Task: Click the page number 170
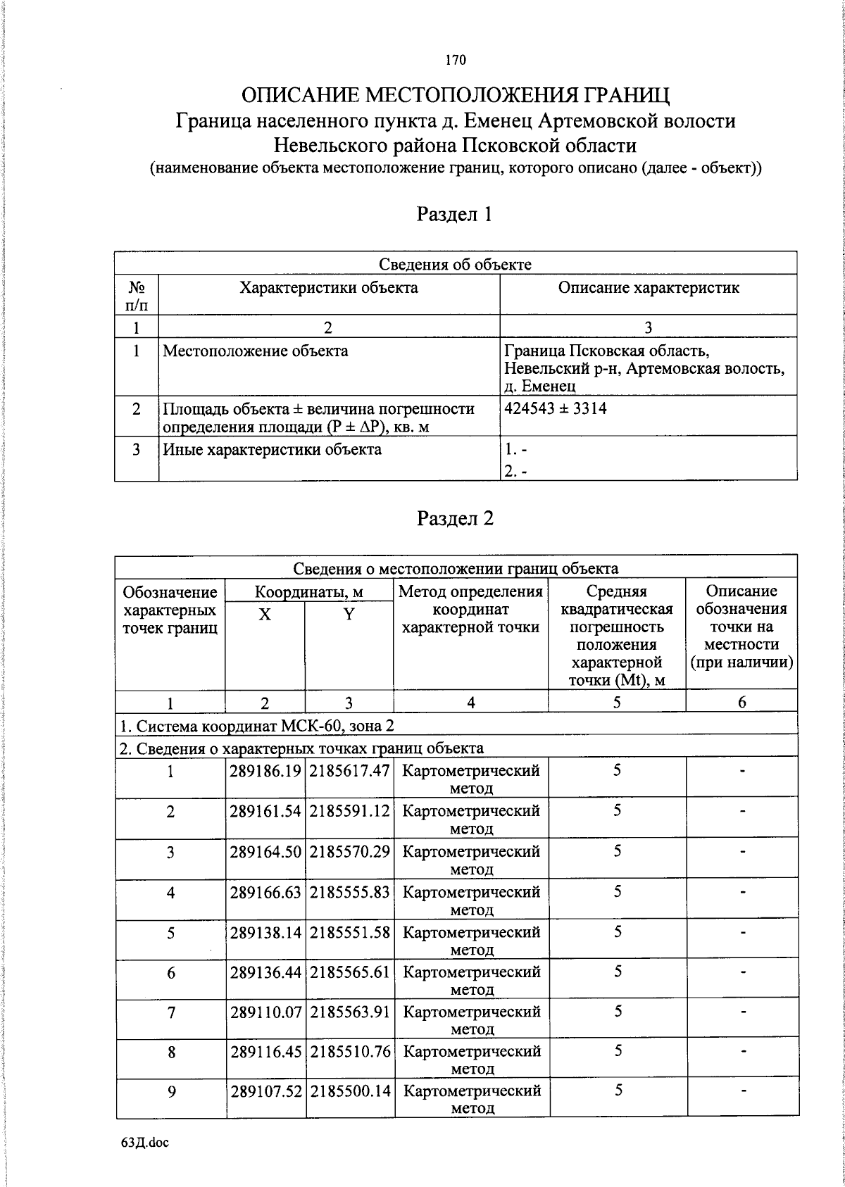(x=456, y=60)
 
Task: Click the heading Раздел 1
(x=454, y=214)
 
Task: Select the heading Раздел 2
(x=455, y=519)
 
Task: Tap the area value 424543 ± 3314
(x=556, y=408)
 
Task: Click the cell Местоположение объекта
(x=255, y=351)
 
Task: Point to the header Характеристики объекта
(x=328, y=287)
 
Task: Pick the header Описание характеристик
(x=648, y=287)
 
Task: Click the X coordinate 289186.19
(x=265, y=770)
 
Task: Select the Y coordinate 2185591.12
(x=349, y=810)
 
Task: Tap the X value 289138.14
(x=265, y=932)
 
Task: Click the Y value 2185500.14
(x=349, y=1091)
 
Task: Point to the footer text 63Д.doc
(x=145, y=1143)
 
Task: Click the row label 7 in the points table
(x=170, y=1012)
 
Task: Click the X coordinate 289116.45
(x=265, y=1051)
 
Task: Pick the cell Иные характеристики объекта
(x=272, y=449)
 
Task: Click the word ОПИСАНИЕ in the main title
(x=300, y=95)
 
